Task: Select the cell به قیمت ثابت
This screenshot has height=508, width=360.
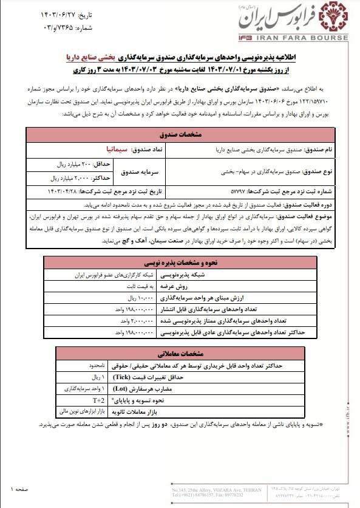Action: coord(92,288)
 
